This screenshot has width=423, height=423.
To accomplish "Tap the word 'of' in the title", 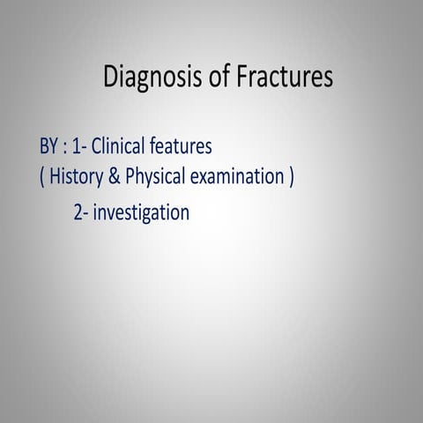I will tap(222, 78).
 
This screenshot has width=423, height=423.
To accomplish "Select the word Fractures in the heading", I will tap(286, 78).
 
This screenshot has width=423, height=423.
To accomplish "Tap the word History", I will tap(76, 177).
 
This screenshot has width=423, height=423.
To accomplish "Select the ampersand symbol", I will tap(115, 177).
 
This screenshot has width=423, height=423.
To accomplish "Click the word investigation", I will tap(142, 213).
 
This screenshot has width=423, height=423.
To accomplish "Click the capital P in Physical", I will tap(130, 177).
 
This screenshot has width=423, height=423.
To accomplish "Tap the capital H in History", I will tap(54, 177).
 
